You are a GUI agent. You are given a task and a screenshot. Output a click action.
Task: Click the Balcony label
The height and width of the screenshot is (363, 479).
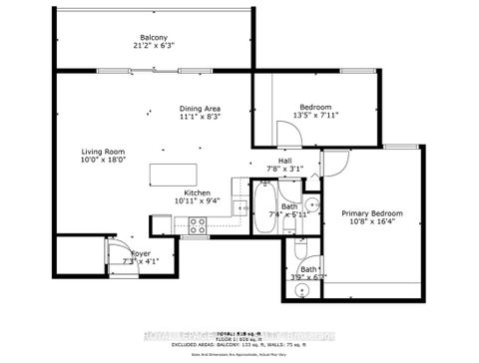(x=153, y=37)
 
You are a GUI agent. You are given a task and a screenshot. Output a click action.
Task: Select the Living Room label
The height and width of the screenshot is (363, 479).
(x=103, y=153)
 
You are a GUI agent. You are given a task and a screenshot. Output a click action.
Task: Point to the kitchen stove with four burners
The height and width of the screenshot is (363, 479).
(x=197, y=226)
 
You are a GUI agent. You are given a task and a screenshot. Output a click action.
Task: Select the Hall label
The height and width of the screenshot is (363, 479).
(x=284, y=161)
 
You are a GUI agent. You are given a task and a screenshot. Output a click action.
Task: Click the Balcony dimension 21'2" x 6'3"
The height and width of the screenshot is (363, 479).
(x=153, y=47)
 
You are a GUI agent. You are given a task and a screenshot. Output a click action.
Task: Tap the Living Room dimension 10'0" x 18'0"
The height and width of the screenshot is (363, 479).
(x=103, y=163)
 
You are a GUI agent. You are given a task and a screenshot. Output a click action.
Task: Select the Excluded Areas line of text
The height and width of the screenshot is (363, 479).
(x=239, y=340)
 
